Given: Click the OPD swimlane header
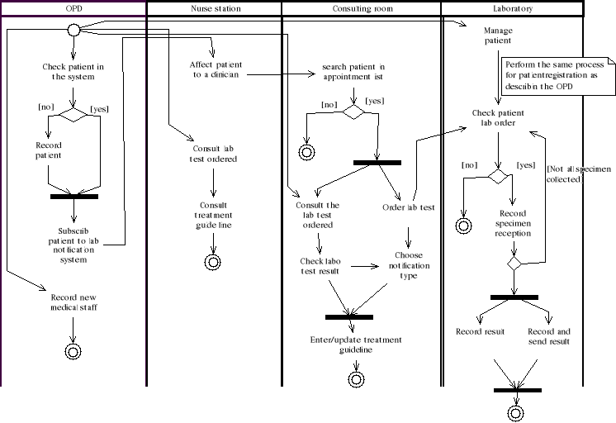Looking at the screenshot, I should coord(73,8).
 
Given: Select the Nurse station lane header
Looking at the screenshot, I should coord(215,8).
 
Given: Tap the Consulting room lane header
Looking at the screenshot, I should coord(362,8).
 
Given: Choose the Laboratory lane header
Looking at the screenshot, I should coord(512,8).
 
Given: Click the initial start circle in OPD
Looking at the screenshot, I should coord(73,30).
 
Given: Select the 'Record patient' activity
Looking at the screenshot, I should coord(48,150).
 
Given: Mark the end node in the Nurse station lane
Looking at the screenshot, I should coord(214,262).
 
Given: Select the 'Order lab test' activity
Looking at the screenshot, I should coord(408,207).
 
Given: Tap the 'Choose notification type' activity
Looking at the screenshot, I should coord(408,265).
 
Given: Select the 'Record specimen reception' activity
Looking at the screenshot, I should coord(514,223).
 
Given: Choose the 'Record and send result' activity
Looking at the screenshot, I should coord(549,336).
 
